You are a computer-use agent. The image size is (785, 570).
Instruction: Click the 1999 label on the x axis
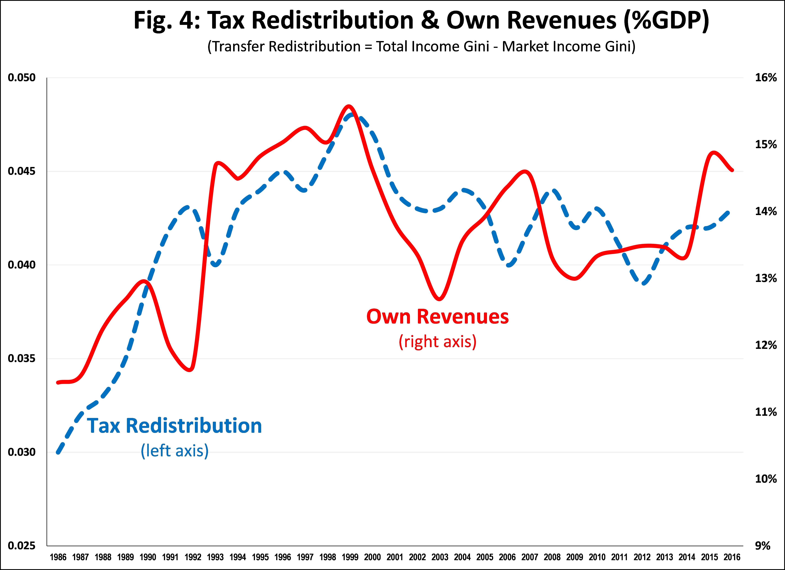coord(350,557)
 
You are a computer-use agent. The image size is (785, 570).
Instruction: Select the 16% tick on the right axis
coord(766,78)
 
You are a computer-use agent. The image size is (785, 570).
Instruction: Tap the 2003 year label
coord(440,557)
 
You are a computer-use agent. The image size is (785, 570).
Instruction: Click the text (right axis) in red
coord(438,342)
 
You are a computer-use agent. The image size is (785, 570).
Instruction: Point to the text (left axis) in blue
coord(174,451)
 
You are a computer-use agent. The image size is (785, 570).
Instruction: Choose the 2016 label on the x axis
coord(732,557)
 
